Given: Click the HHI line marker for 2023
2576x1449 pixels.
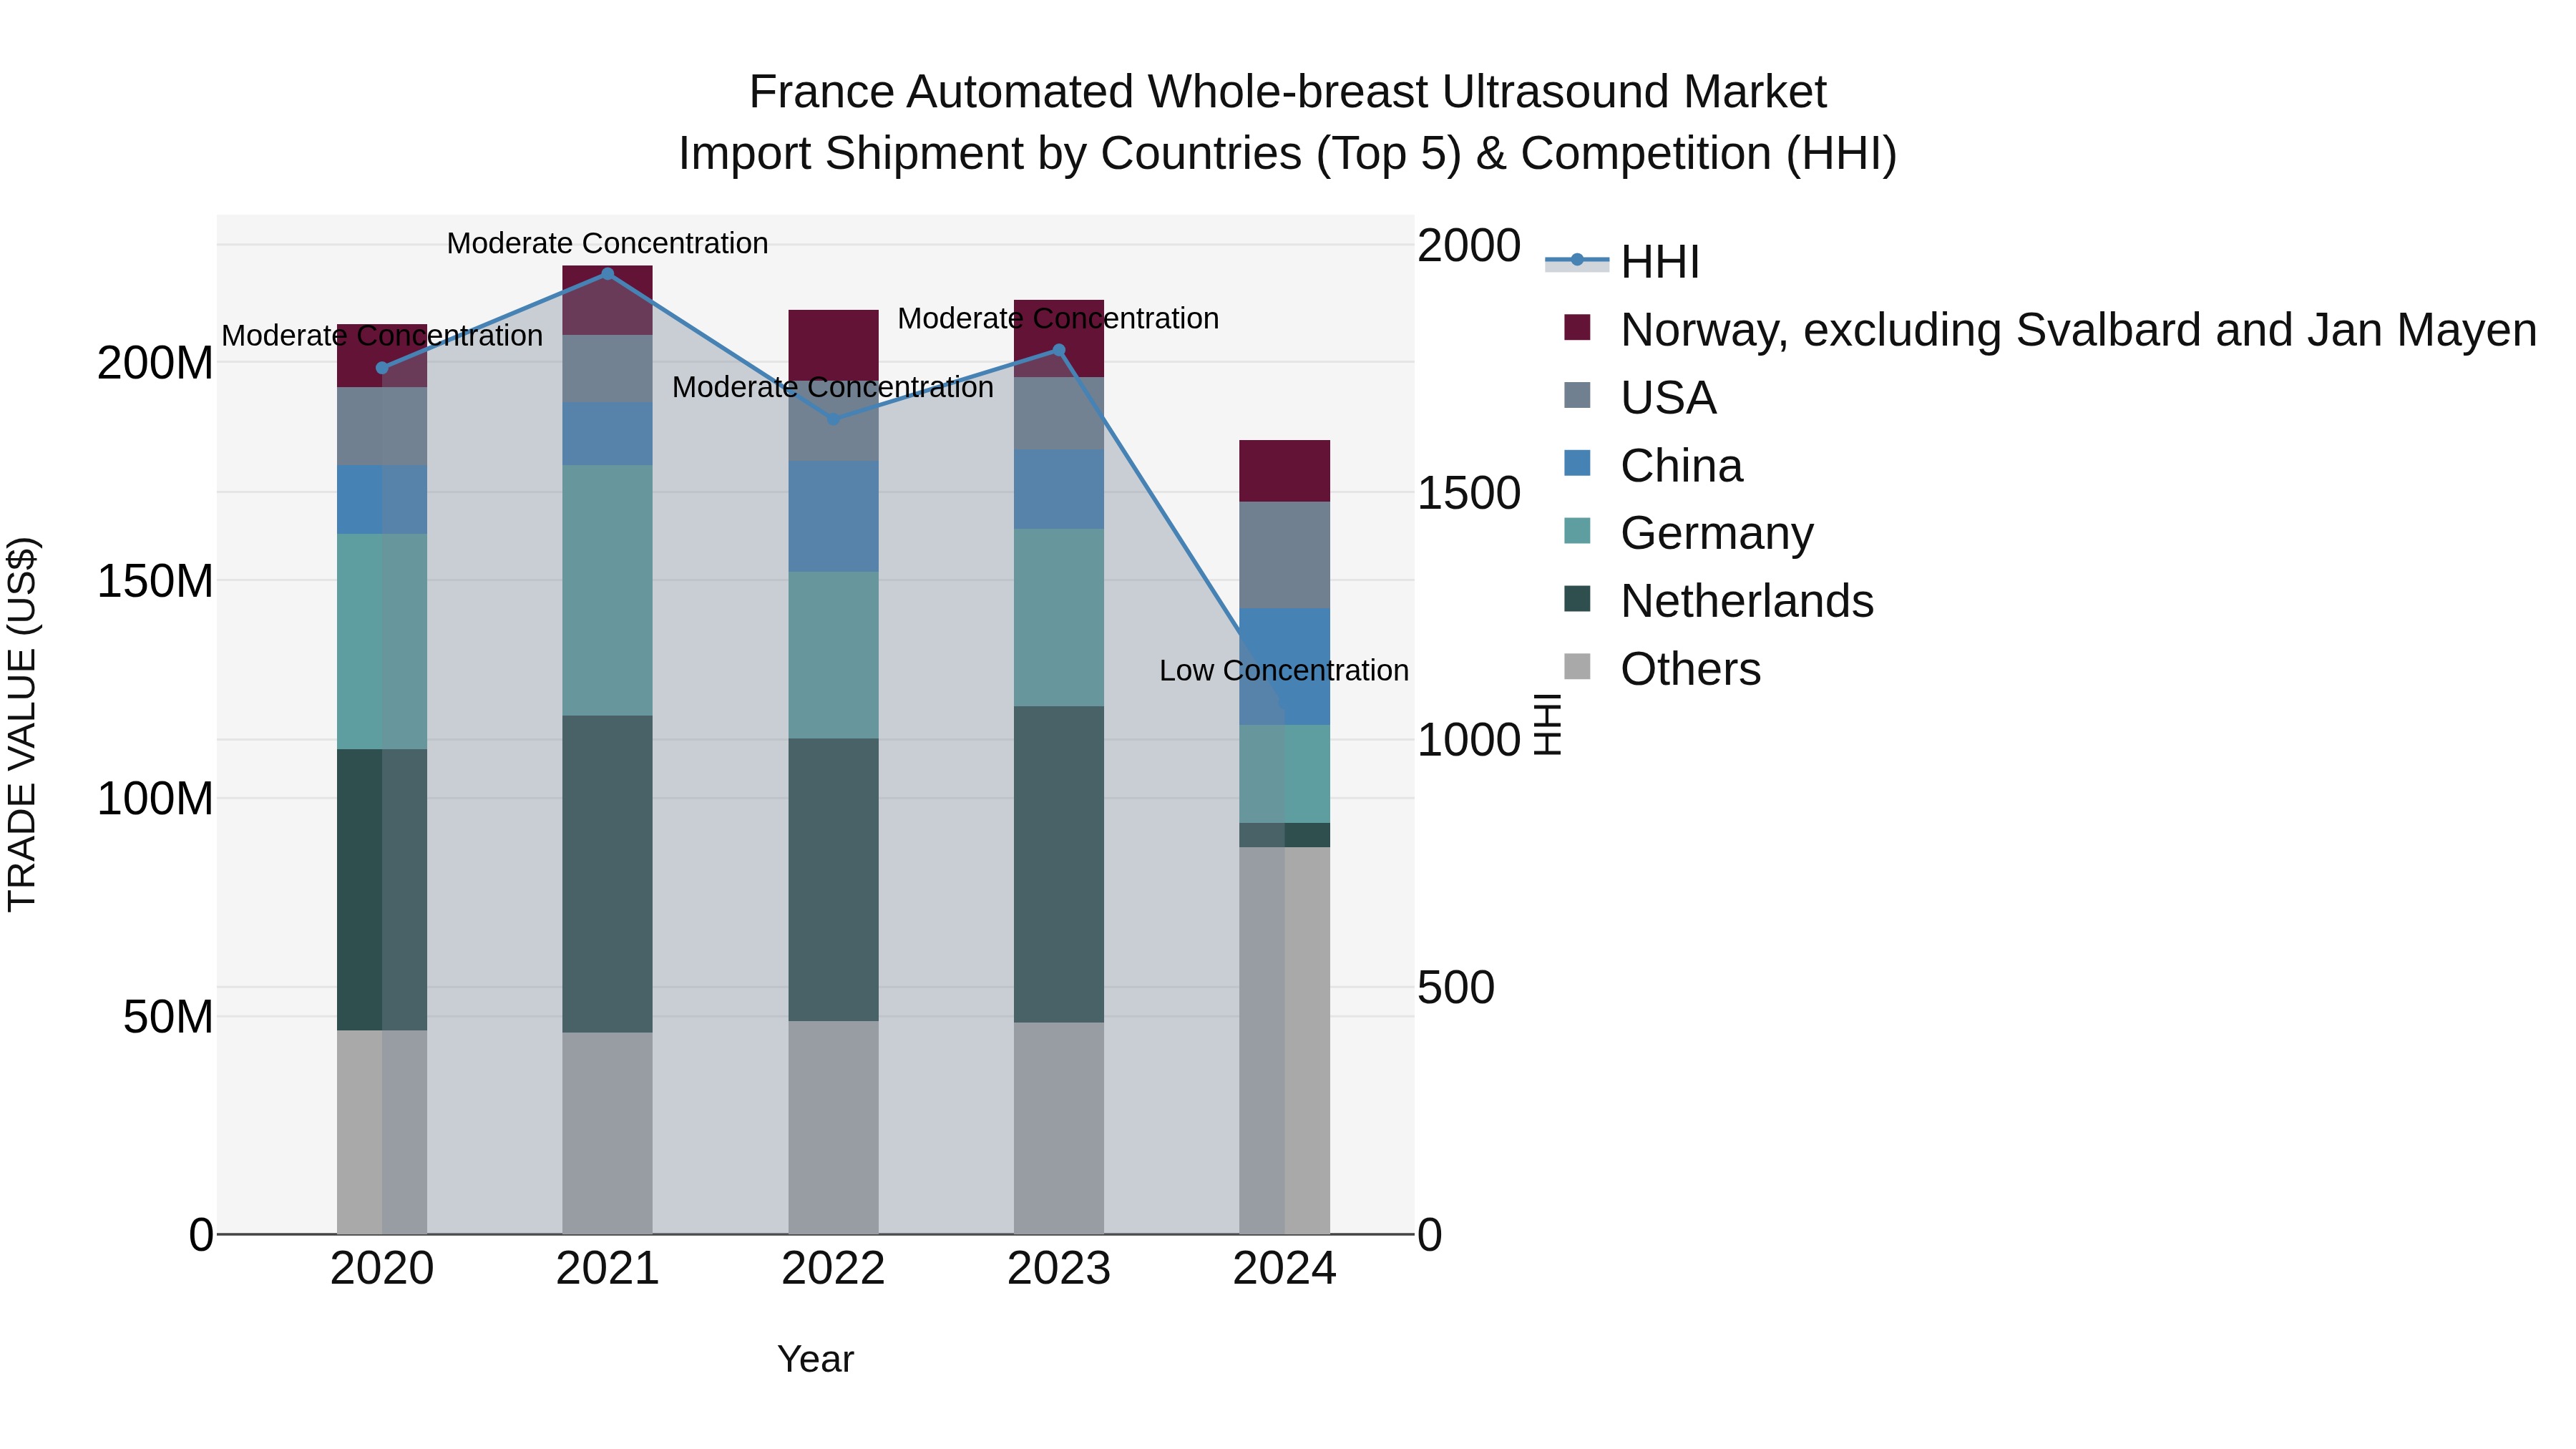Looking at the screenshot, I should tap(1059, 350).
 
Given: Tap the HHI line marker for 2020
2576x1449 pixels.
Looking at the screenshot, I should tap(382, 368).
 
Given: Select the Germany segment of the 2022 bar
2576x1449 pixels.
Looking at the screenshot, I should tap(833, 655).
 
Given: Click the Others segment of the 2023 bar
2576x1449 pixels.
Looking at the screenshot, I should tap(1059, 1127).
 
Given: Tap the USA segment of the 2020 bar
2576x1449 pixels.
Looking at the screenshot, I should tap(382, 426).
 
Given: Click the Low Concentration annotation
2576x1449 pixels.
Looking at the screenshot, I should tap(1283, 671).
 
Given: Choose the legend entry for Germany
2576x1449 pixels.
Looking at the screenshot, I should tap(1716, 533).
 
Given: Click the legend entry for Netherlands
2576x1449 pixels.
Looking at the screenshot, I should tap(1746, 601).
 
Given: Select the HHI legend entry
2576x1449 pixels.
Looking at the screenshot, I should tap(1659, 262).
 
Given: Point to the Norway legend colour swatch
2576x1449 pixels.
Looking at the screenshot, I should tap(1577, 328).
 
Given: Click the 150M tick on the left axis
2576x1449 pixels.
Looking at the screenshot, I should tap(155, 581).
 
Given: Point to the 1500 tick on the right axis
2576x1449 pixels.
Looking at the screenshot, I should tap(1468, 493).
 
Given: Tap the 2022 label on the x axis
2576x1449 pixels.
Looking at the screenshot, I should tap(833, 1269).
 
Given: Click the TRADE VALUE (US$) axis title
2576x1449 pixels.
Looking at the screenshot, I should tap(22, 724).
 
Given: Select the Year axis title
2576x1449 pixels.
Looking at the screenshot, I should tap(815, 1359).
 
